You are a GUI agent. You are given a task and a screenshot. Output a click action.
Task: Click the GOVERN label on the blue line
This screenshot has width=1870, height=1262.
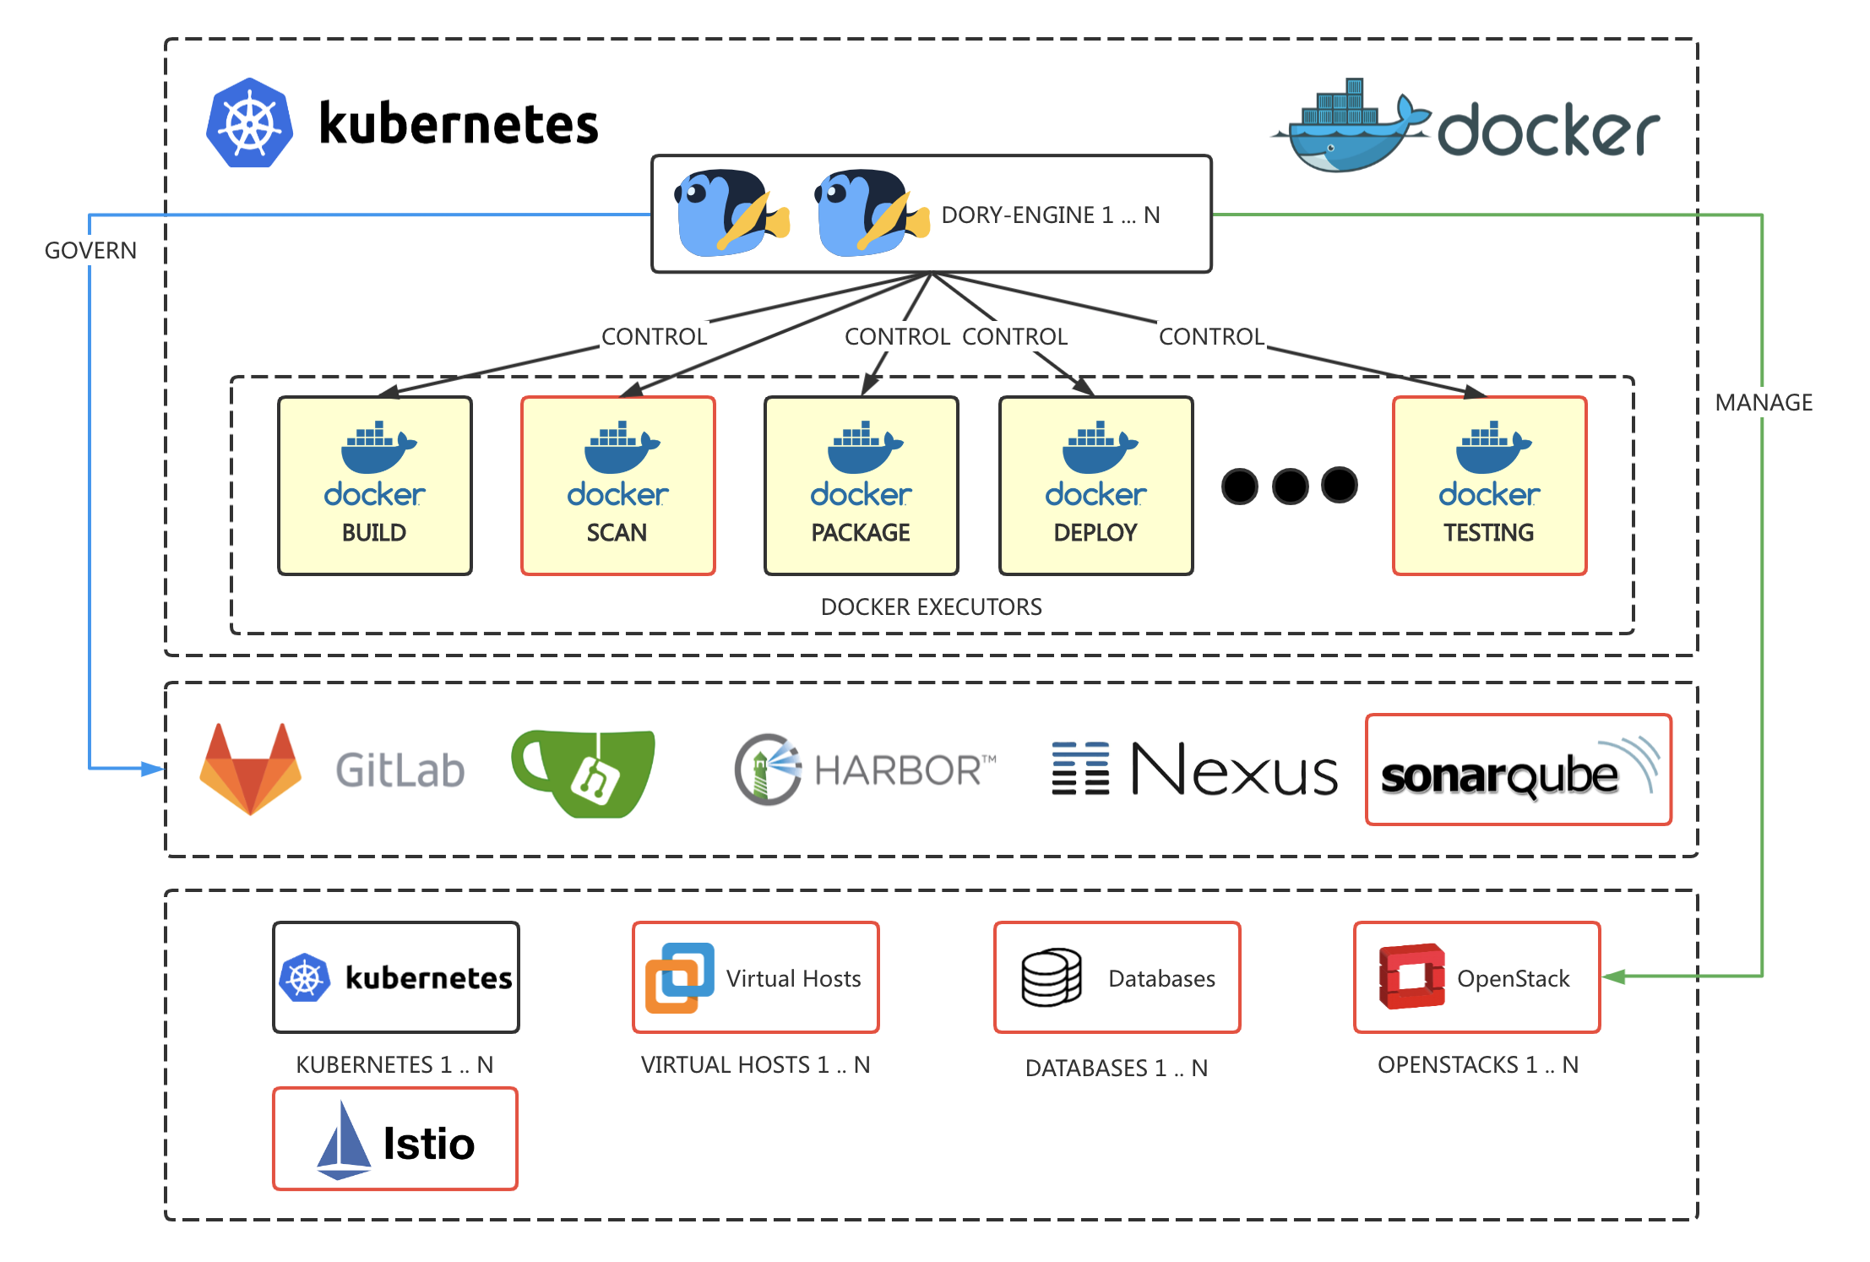(90, 251)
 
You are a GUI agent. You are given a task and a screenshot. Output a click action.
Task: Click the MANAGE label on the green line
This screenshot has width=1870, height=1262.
(1763, 403)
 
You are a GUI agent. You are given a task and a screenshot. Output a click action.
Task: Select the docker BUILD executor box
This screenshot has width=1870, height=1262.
(375, 486)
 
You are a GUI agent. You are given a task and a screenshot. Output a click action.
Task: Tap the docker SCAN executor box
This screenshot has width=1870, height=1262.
(618, 486)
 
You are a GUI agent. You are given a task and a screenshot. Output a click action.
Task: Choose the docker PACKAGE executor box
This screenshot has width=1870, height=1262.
(861, 486)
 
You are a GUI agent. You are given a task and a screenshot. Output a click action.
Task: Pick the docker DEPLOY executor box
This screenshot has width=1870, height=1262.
(1095, 486)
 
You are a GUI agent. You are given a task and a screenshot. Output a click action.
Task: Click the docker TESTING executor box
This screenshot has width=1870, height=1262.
(1489, 486)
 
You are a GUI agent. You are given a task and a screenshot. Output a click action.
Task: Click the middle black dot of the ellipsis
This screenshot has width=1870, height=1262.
(1290, 487)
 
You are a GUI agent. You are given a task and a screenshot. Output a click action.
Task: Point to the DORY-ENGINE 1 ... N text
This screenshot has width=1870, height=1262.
(1050, 215)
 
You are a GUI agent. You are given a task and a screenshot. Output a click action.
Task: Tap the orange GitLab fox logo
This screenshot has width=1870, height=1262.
(251, 770)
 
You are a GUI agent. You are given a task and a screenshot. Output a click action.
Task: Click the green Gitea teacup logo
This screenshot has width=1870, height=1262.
(584, 772)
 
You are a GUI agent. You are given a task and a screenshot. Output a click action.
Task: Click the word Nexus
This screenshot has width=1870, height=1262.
(1234, 770)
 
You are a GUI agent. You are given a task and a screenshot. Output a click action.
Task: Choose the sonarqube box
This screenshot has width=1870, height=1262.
(1518, 770)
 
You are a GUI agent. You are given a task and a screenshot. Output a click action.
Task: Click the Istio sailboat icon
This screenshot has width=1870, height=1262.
(343, 1141)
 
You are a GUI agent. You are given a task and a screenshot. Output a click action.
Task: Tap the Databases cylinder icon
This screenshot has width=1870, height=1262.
(1051, 977)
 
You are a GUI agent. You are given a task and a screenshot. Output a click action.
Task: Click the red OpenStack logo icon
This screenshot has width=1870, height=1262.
(1411, 976)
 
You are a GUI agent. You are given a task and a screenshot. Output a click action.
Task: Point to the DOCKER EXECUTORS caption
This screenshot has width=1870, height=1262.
(931, 607)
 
